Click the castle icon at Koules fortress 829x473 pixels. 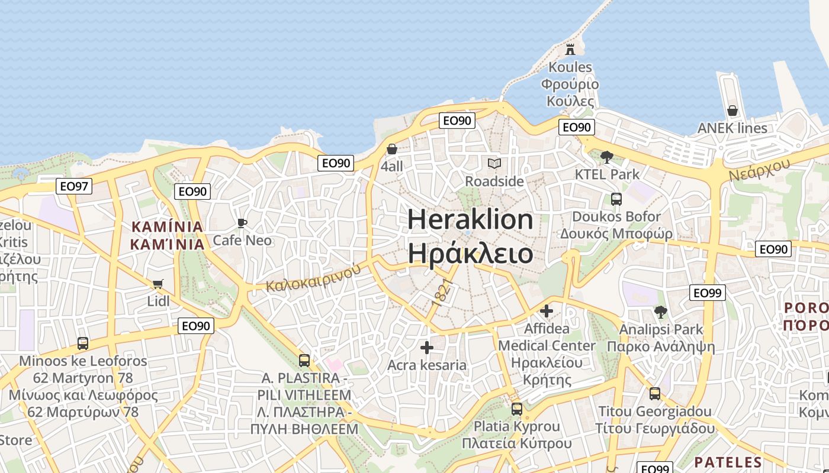pos(570,49)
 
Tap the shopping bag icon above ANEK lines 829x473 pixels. pos(732,111)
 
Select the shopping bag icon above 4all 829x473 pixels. pos(391,149)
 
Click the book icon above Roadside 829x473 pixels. pos(494,163)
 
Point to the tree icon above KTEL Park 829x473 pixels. pos(606,157)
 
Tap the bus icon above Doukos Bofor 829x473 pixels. pos(616,199)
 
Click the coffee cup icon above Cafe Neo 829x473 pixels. pos(242,223)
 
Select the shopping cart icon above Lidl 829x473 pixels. pos(158,284)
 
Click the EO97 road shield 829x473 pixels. pos(75,187)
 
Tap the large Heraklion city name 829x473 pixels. pos(470,220)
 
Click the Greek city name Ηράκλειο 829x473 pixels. pos(470,253)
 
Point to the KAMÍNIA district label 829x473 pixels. pos(167,226)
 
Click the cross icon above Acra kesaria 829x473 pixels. pos(426,347)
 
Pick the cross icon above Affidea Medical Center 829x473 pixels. pos(547,310)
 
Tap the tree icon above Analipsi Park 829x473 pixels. pos(661,312)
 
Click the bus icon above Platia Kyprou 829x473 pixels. pos(517,409)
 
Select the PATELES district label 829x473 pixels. pos(728,462)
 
